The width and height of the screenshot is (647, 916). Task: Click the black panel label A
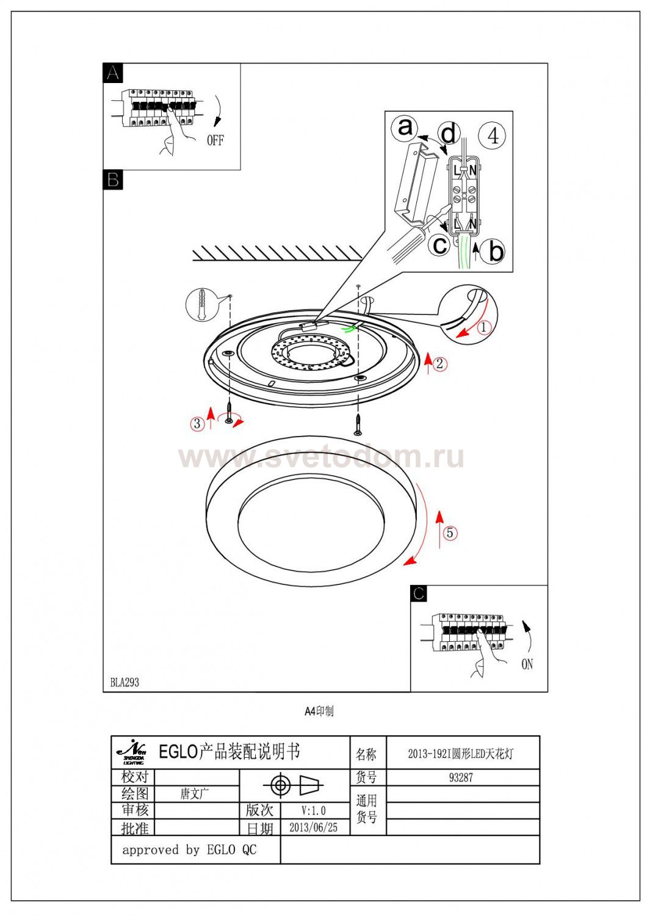pos(113,73)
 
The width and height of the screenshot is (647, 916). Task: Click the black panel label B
pos(113,180)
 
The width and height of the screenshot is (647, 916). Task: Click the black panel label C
pos(419,594)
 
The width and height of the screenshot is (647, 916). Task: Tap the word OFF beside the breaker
pos(215,140)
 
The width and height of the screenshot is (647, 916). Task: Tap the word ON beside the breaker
pos(527,664)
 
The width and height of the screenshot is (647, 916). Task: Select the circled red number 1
pos(484,327)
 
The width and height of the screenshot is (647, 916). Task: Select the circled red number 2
pos(440,365)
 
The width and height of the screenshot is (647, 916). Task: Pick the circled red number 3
pos(197,423)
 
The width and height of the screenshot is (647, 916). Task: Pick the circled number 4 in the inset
pos(493,135)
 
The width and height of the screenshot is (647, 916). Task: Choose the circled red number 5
pos(450,533)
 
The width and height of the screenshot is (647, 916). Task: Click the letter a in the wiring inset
pos(405,128)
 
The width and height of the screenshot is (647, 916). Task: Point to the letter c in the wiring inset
pos(439,245)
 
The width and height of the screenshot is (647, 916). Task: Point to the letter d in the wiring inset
pos(449,133)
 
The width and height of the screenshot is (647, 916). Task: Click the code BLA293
pos(125,683)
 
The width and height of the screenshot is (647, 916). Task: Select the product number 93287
pos(461,777)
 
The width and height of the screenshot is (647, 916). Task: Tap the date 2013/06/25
pos(313,827)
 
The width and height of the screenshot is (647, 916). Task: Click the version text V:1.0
pos(313,810)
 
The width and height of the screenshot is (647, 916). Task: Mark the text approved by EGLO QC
pos(189,849)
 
